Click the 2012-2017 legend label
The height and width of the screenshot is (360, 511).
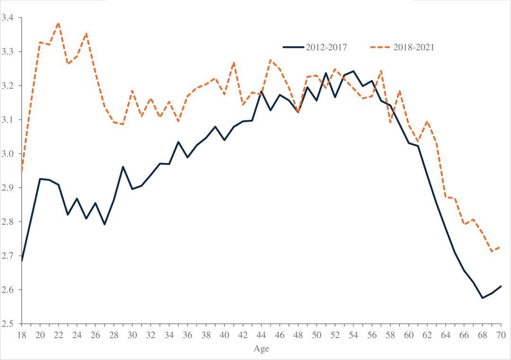(x=326, y=47)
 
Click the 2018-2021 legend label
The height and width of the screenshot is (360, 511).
(x=414, y=47)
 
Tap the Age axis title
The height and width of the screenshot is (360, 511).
(x=261, y=349)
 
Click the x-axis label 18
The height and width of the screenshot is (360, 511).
(x=21, y=335)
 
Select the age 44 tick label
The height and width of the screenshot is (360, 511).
(x=261, y=335)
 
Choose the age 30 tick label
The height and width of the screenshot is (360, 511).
(x=132, y=335)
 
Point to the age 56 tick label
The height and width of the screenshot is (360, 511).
(x=372, y=335)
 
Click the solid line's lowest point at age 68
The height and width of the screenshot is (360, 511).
(x=483, y=298)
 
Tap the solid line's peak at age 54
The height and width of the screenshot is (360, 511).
(x=353, y=71)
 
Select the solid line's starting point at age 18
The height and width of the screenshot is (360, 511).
(x=21, y=261)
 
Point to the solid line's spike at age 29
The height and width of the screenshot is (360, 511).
(x=123, y=167)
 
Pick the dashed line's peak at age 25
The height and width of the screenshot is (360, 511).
(x=86, y=33)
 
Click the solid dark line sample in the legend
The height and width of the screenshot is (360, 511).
(x=293, y=47)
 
